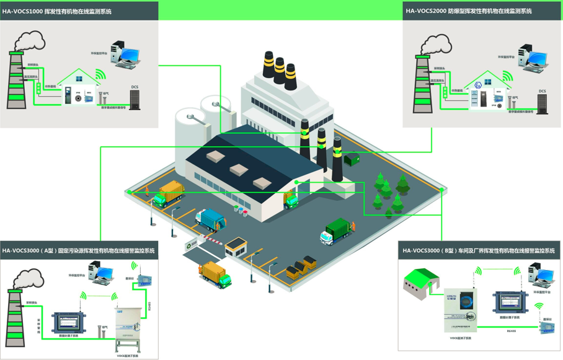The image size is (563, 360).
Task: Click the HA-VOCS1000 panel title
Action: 57,11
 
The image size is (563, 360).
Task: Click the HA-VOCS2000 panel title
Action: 468,11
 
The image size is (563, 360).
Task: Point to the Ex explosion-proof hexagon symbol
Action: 478,85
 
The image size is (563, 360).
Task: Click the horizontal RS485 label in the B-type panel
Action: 512,331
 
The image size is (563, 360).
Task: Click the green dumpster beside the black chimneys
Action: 352,160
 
